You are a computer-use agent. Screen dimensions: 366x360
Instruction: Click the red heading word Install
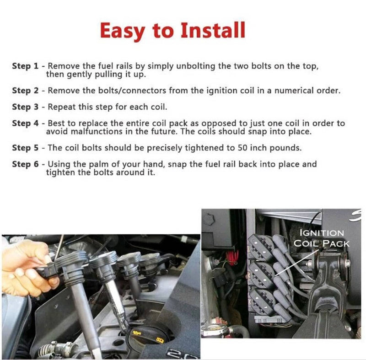(x=213, y=30)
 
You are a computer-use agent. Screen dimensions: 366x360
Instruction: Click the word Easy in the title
(x=123, y=32)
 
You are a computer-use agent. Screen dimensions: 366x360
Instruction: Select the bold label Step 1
(x=25, y=66)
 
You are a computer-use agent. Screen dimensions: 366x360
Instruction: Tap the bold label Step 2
(x=25, y=91)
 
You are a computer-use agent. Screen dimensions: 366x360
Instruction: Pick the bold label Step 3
(x=25, y=107)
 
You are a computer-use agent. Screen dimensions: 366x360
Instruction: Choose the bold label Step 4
(x=25, y=124)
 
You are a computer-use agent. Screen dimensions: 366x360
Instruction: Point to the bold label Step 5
(x=25, y=148)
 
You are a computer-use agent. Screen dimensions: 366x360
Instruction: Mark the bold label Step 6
(x=25, y=164)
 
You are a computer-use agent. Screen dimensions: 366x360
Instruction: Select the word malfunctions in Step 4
(x=97, y=132)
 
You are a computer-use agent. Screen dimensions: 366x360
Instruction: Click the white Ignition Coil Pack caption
(x=322, y=238)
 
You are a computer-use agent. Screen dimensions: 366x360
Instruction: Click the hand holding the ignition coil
(x=28, y=268)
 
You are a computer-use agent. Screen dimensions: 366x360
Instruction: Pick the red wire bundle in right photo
(x=232, y=258)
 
